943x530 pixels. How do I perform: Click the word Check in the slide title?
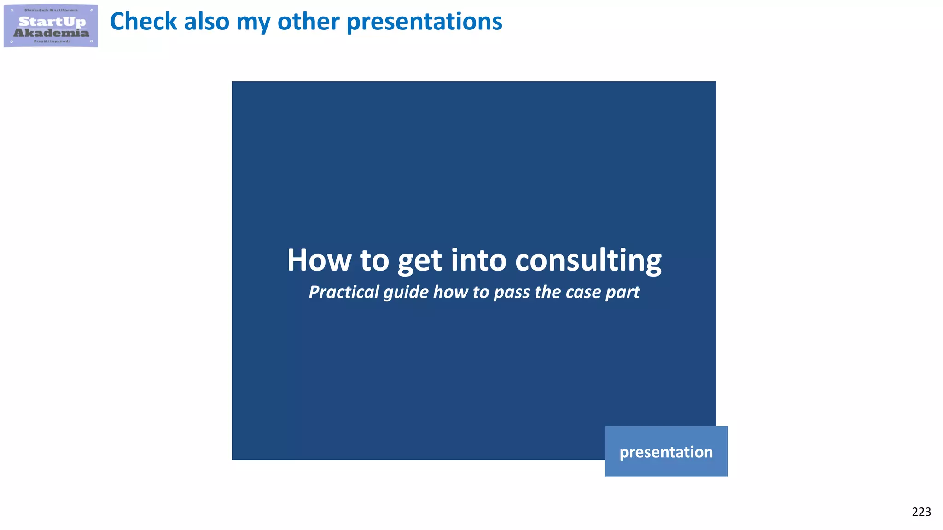(143, 21)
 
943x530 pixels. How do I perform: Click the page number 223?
(921, 512)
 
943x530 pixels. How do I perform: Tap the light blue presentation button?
(666, 451)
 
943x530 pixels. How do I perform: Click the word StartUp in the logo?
(52, 22)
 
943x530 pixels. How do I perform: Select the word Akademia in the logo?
(51, 33)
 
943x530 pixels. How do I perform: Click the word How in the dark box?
(319, 260)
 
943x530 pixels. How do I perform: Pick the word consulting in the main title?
(588, 261)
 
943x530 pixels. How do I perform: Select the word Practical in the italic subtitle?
(343, 292)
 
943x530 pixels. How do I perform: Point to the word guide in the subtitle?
(406, 292)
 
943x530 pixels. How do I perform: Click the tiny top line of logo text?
(51, 10)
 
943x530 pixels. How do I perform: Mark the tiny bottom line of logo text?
(52, 41)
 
